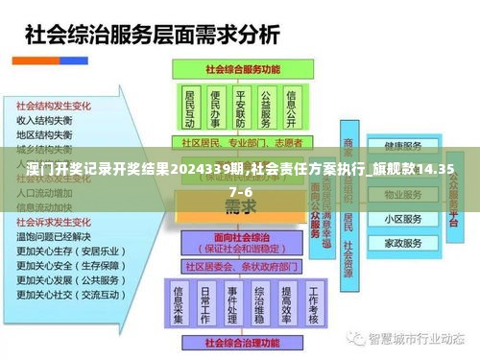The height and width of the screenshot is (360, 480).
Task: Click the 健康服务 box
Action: (403, 147)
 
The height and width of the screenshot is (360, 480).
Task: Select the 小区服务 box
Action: (403, 218)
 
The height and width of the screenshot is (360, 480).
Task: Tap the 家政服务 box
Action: (403, 243)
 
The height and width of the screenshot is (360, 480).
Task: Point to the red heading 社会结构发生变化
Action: (54, 106)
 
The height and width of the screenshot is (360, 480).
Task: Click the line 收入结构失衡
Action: (44, 121)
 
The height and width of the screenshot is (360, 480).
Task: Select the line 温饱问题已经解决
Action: (54, 236)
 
